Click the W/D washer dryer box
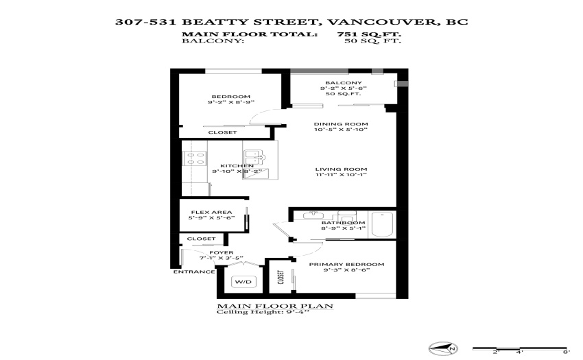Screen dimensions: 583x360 point(243,282)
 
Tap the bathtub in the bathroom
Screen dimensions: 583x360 point(382,224)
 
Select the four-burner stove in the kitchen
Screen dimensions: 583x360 point(195,158)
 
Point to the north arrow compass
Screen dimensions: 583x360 point(443,348)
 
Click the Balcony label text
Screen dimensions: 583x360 point(343,83)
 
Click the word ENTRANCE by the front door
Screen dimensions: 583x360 point(194,272)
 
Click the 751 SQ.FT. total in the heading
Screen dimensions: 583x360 point(369,34)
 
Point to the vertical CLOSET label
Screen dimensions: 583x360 point(281,277)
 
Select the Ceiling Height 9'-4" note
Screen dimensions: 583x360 point(263,311)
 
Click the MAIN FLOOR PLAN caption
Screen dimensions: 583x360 point(275,306)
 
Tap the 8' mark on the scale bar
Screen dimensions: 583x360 point(566,352)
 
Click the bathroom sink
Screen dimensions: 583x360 point(313,215)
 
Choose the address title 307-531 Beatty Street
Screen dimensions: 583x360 point(291,21)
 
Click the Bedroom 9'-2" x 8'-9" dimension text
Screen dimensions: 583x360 point(231,102)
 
